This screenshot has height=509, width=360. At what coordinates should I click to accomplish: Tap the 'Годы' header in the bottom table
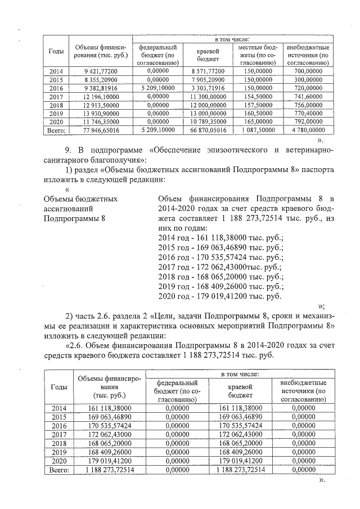(x=59, y=387)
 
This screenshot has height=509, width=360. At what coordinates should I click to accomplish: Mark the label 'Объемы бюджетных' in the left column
(x=80, y=199)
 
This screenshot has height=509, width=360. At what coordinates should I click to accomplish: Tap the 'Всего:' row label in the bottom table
(x=59, y=470)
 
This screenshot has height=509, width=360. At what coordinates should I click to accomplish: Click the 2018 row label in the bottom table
(x=59, y=443)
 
